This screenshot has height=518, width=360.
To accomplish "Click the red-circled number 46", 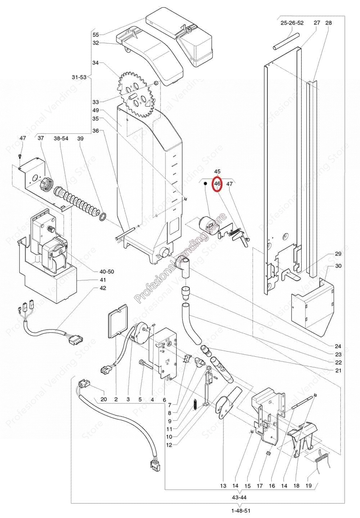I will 217,183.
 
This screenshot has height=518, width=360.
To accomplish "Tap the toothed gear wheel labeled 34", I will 135,94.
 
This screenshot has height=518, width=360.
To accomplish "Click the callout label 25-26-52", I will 292,23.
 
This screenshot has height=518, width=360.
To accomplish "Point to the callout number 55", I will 95,35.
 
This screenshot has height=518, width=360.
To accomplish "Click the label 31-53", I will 79,77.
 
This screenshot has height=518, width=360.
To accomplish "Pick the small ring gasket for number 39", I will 103,216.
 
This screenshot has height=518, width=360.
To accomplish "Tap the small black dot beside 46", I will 205,183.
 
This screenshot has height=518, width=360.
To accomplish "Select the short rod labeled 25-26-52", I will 286,41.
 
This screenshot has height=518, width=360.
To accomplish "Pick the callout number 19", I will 309,486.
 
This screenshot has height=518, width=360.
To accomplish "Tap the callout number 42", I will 103,288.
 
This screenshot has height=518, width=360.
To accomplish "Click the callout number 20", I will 104,399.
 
